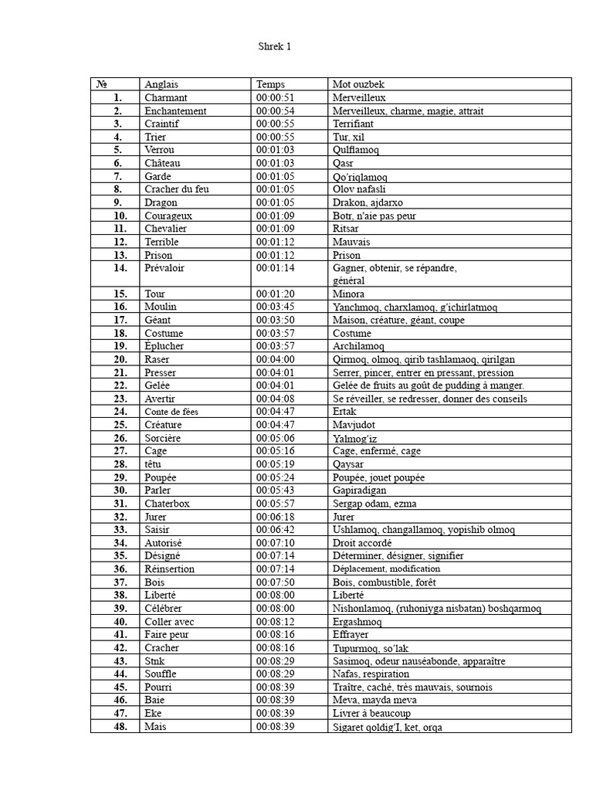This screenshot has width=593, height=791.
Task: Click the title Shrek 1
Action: coord(275,47)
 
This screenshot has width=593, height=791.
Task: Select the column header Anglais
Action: coord(161,84)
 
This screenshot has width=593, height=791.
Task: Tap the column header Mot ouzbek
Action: coord(359,84)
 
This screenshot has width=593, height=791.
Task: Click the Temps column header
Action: coord(270,84)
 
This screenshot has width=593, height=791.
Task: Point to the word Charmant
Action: coord(165,97)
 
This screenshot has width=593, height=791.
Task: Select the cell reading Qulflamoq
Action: coord(355,150)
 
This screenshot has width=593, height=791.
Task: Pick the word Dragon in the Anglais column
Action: coord(161,202)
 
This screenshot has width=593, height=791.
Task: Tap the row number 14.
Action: coord(119,267)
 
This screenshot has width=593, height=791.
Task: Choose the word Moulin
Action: coord(161,307)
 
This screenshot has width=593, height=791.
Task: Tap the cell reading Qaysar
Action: coord(348,464)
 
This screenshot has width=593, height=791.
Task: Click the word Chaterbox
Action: coord(167,503)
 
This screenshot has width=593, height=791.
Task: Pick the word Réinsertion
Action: coord(169,569)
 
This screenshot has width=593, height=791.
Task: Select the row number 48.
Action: coord(119,726)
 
